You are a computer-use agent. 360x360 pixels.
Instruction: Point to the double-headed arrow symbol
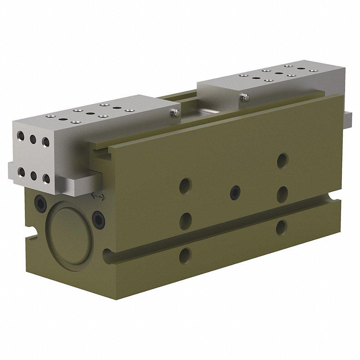[98, 196]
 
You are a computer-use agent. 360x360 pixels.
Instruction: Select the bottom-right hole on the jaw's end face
[46, 178]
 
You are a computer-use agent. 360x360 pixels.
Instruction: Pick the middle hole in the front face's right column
[282, 192]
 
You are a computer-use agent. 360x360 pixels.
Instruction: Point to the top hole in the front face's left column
[186, 185]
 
